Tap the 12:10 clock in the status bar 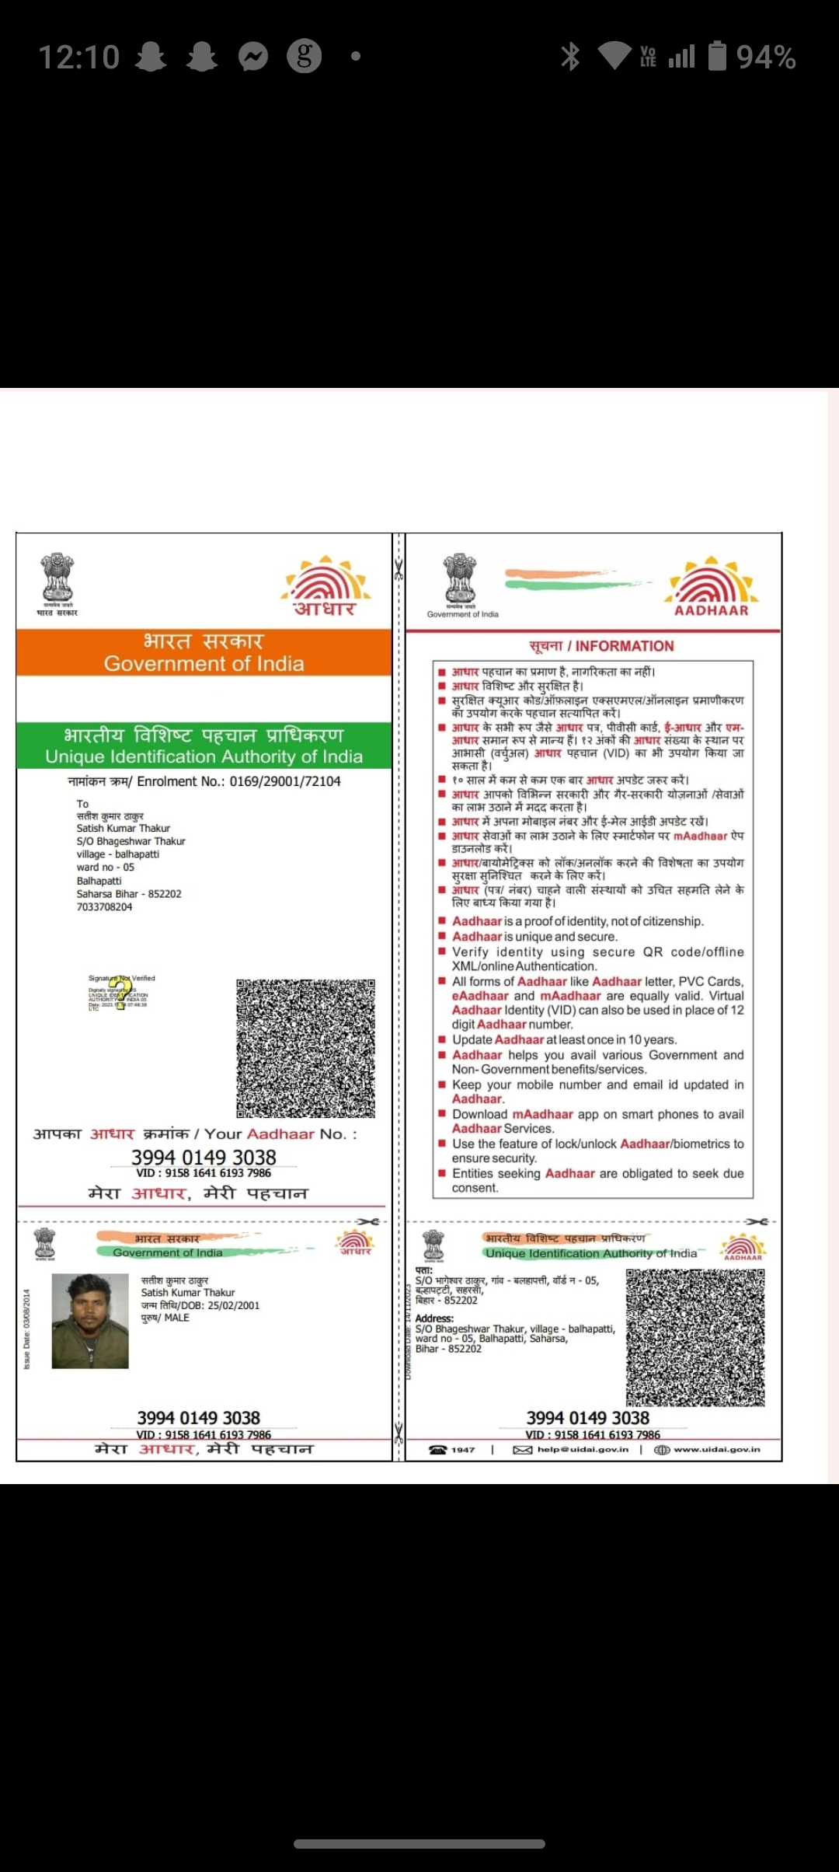click(79, 57)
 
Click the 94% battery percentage click(765, 57)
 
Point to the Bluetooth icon click(570, 56)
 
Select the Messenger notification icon click(253, 56)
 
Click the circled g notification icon click(305, 56)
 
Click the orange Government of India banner click(204, 651)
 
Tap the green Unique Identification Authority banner click(204, 746)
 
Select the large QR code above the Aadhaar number click(305, 1047)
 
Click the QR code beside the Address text click(695, 1337)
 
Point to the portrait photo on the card click(90, 1321)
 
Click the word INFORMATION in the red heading click(625, 646)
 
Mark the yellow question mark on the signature click(120, 994)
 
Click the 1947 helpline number click(462, 1450)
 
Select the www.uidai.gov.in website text click(716, 1450)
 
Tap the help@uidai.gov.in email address click(582, 1450)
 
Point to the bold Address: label click(434, 1318)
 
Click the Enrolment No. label click(180, 781)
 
